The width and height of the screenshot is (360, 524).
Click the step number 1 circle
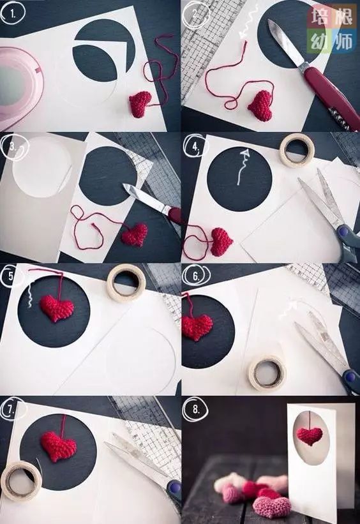[x=13, y=14]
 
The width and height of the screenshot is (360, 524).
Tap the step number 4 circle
[x=195, y=146]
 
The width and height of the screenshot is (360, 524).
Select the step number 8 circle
[x=195, y=408]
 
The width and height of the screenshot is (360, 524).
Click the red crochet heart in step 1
[x=140, y=104]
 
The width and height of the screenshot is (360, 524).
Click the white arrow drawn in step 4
[x=243, y=167]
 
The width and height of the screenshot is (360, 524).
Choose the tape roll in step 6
[x=267, y=373]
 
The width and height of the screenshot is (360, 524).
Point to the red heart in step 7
[x=58, y=447]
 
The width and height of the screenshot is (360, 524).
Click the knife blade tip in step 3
[x=124, y=185]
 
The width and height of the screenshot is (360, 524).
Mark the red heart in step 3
[x=135, y=234]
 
